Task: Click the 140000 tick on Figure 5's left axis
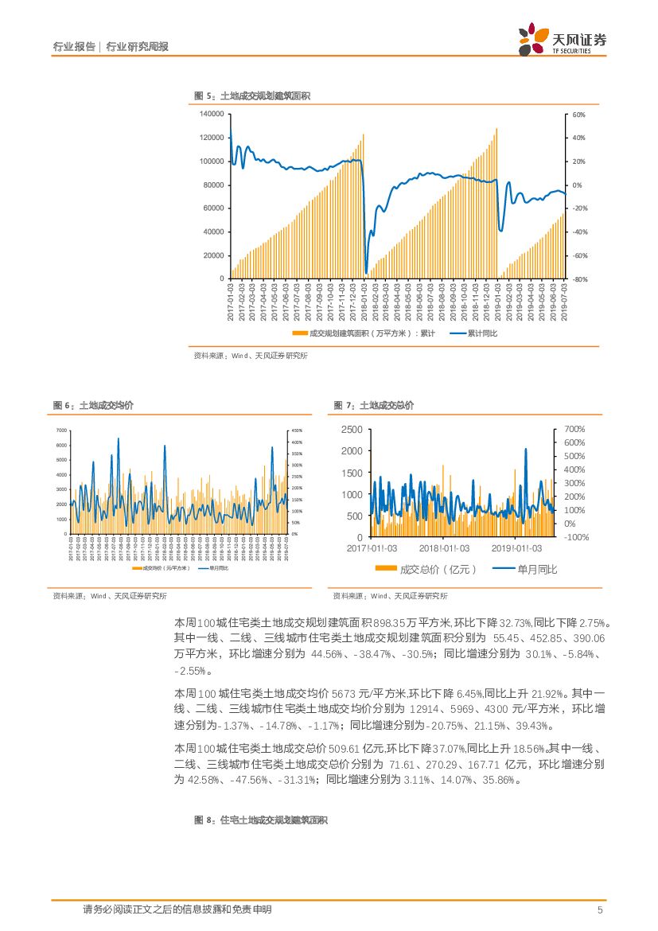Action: pyautogui.click(x=211, y=114)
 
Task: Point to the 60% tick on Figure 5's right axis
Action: pyautogui.click(x=578, y=115)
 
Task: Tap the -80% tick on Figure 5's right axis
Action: pyautogui.click(x=579, y=279)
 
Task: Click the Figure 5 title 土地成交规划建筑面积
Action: pyautogui.click(x=264, y=96)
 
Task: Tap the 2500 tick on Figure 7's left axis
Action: pyautogui.click(x=352, y=430)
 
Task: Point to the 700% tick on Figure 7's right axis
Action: pyautogui.click(x=574, y=430)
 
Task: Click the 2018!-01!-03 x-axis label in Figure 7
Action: pyautogui.click(x=445, y=548)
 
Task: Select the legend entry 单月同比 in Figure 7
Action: pyautogui.click(x=526, y=570)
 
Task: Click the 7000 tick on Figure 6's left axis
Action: pyautogui.click(x=61, y=430)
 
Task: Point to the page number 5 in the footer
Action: pyautogui.click(x=600, y=910)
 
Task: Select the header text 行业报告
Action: pyautogui.click(x=74, y=47)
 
